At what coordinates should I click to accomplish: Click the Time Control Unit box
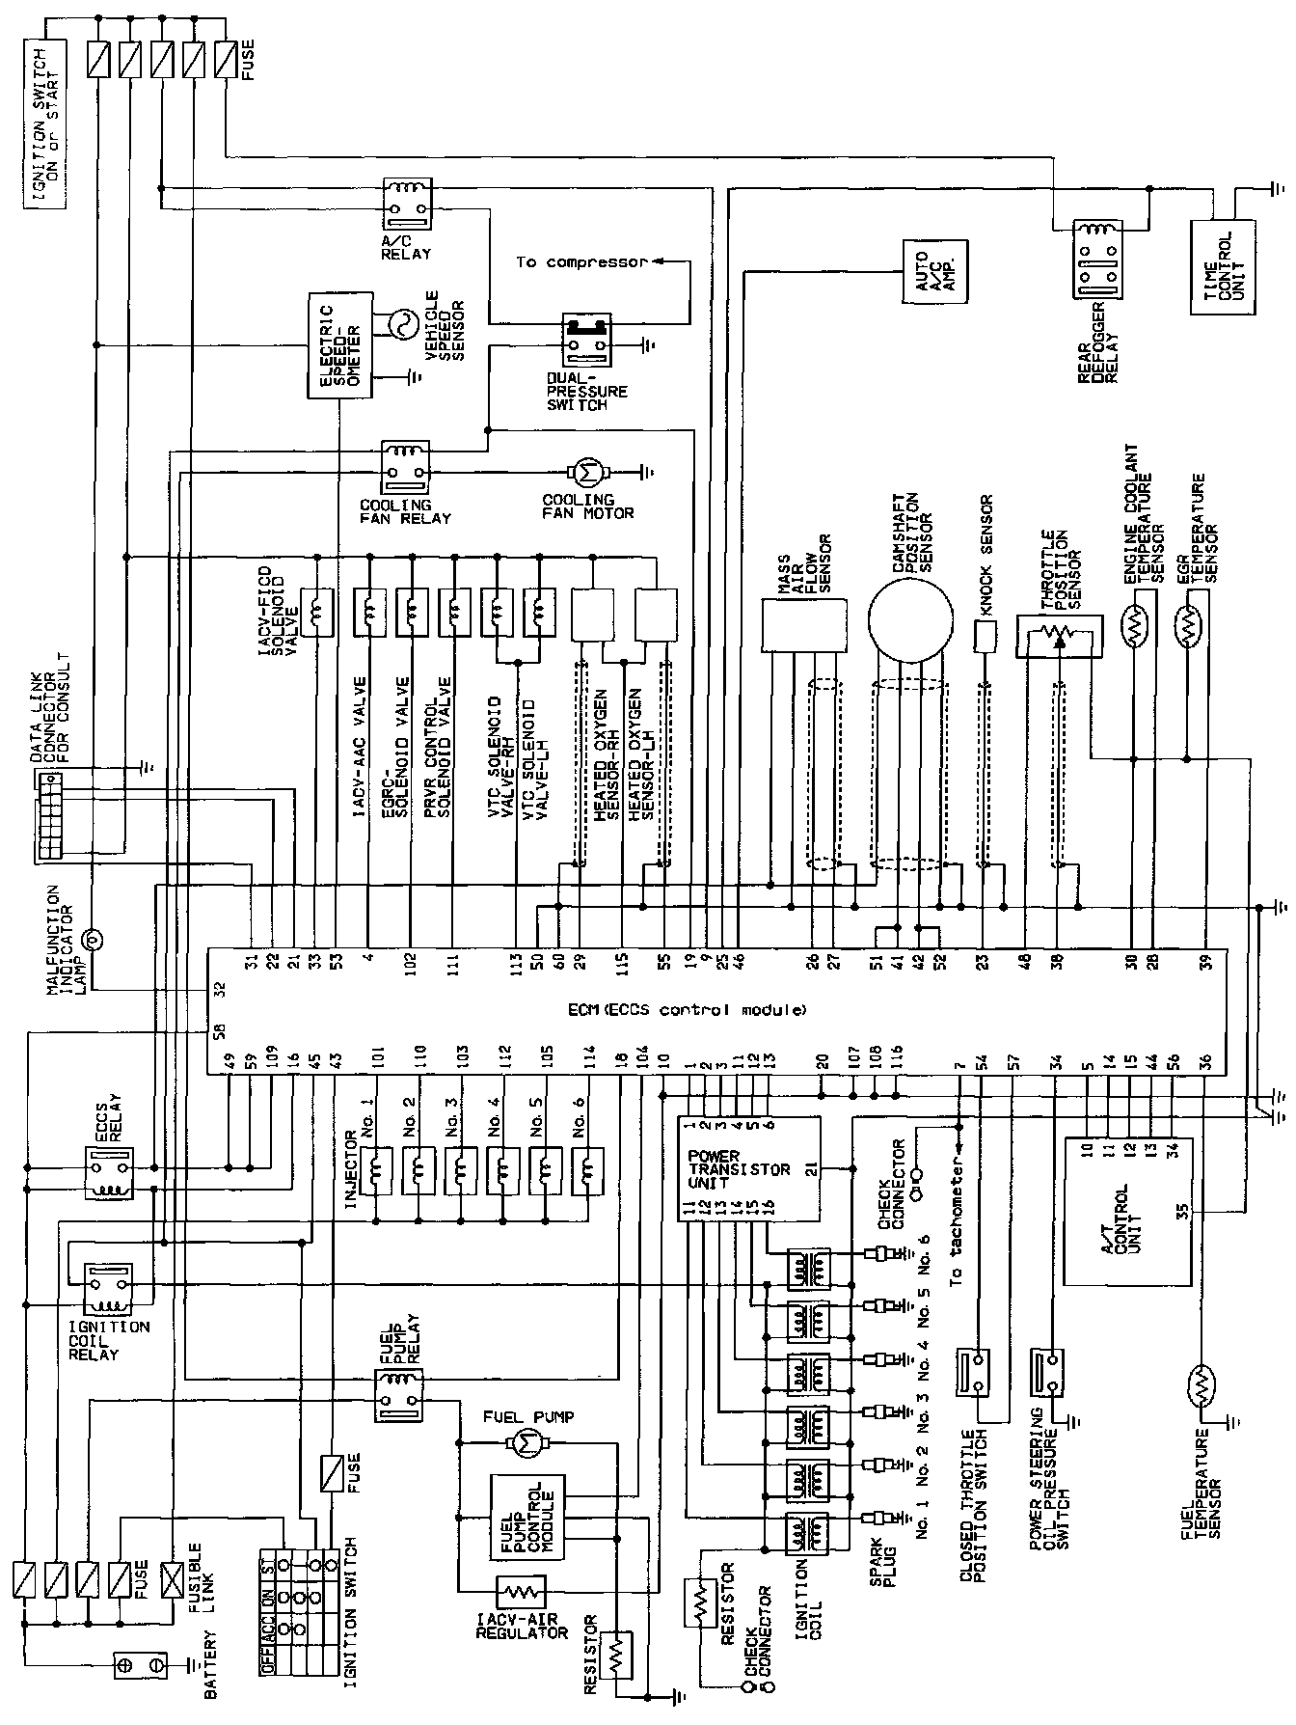click(1224, 266)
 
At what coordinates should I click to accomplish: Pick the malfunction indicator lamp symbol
click(94, 937)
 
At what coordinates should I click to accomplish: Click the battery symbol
click(140, 1663)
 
